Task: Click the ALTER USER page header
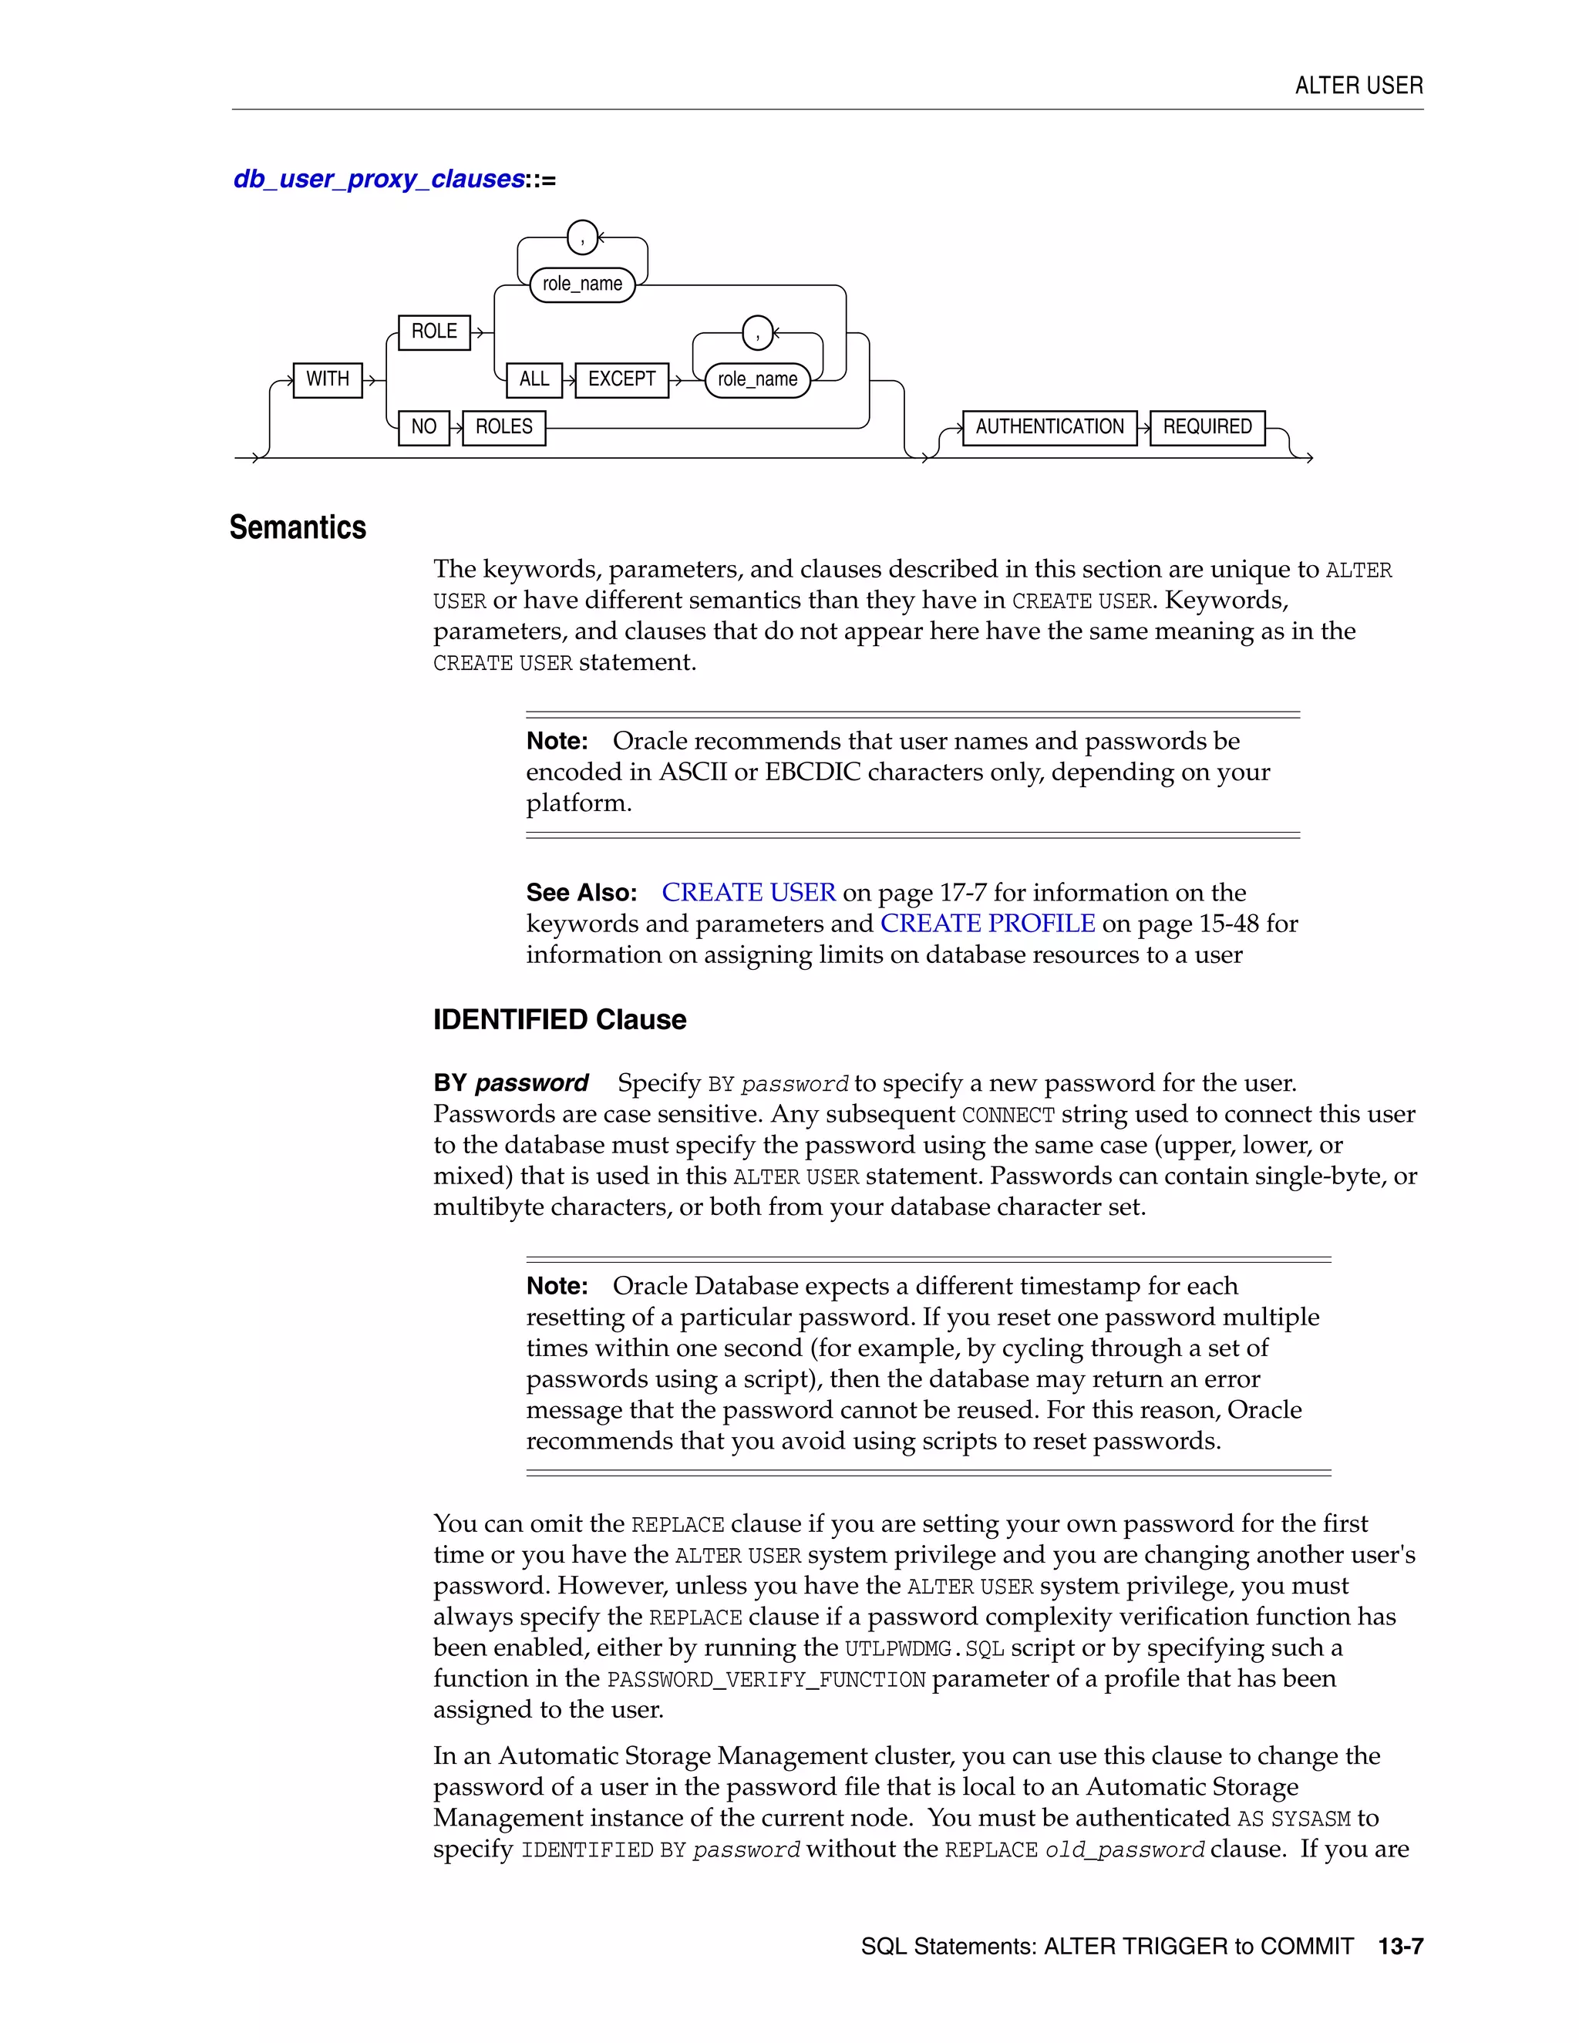click(1358, 86)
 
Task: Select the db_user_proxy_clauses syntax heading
click(379, 179)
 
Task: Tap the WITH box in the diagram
click(328, 380)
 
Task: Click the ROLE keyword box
click(434, 332)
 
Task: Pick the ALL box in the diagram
click(534, 380)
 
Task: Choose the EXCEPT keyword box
click(621, 380)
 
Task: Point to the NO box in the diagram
click(424, 428)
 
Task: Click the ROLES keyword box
click(503, 428)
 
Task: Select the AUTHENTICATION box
click(1049, 428)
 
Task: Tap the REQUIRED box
click(1207, 428)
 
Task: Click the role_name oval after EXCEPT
click(757, 380)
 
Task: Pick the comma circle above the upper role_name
click(582, 237)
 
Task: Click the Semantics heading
click(298, 527)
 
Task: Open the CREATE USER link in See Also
click(749, 893)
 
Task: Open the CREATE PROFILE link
click(987, 924)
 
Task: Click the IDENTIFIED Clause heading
click(560, 1020)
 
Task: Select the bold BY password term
click(510, 1083)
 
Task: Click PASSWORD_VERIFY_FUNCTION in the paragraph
click(766, 1679)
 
